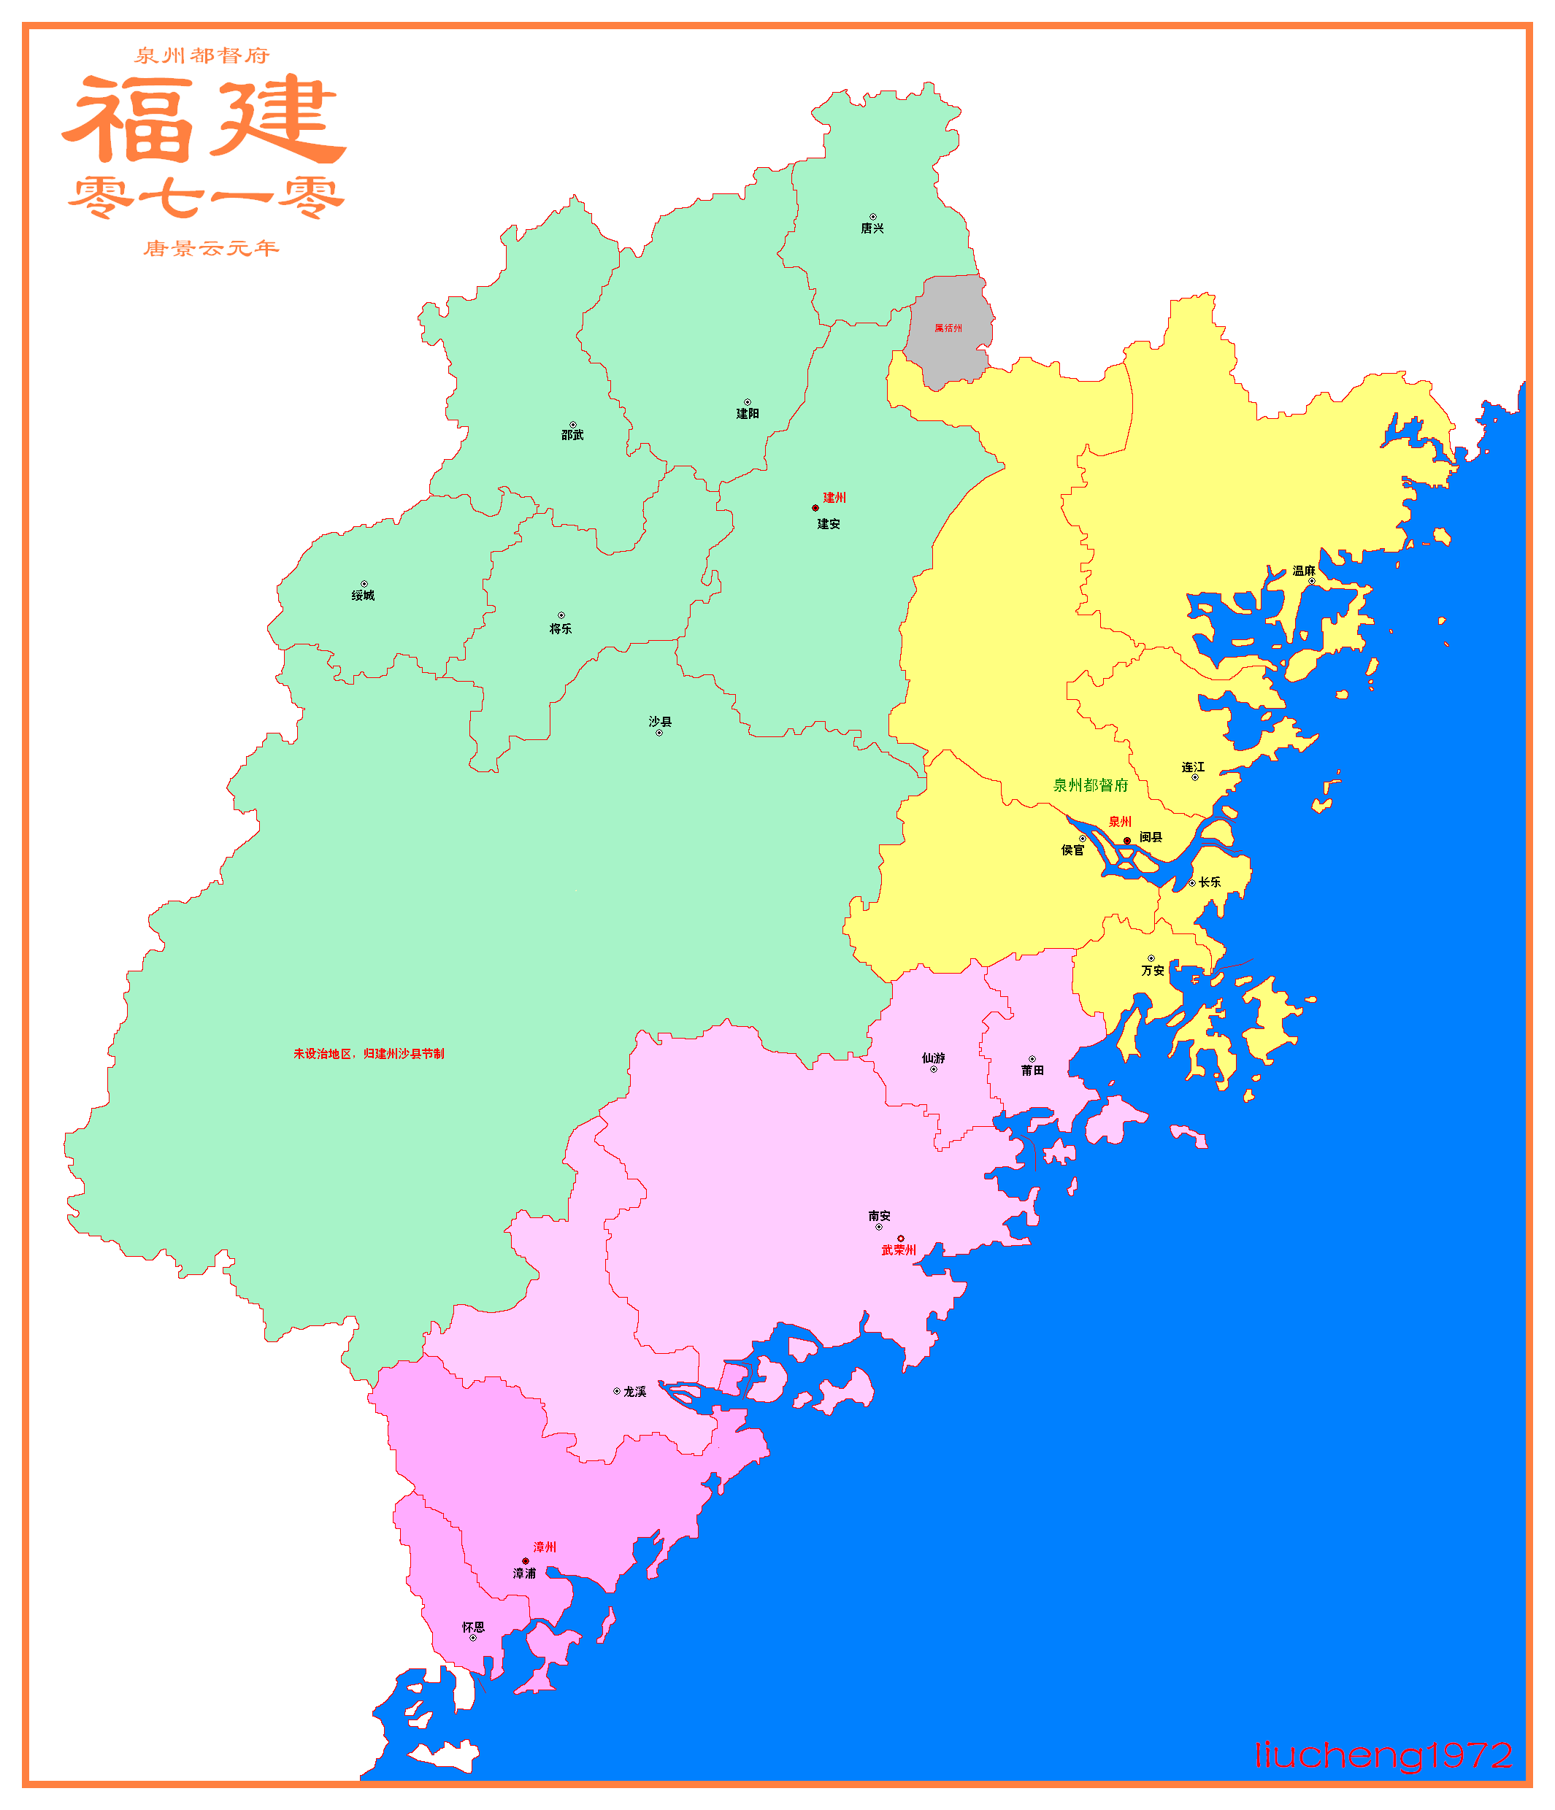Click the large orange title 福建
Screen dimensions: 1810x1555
click(x=204, y=120)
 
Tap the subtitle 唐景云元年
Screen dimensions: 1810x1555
click(x=212, y=249)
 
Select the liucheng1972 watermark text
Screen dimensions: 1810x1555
click(x=1383, y=1754)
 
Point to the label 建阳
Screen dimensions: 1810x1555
click(x=747, y=414)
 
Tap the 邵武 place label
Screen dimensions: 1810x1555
click(x=572, y=435)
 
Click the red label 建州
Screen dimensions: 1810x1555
click(x=834, y=498)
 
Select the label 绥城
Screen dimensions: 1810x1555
click(x=363, y=596)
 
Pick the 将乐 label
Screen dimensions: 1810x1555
click(x=560, y=629)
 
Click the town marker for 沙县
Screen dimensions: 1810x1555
click(x=659, y=733)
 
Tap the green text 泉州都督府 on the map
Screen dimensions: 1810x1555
click(x=1090, y=785)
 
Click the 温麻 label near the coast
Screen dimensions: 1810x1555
click(x=1303, y=571)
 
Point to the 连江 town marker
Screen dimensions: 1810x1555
click(x=1195, y=777)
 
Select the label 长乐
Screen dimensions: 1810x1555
click(x=1210, y=882)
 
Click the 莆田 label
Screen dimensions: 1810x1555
click(x=1032, y=1070)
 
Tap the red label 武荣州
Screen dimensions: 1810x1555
click(x=898, y=1250)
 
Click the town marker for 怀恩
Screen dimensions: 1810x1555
click(x=472, y=1638)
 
